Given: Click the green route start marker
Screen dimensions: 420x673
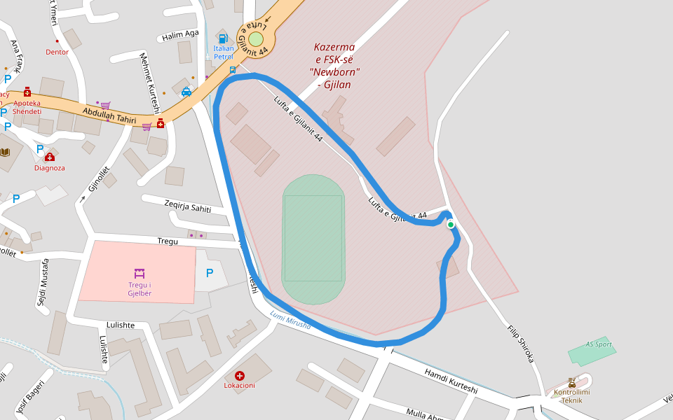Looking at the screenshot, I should click(451, 225).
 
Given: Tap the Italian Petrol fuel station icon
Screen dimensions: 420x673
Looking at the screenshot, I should click(223, 38).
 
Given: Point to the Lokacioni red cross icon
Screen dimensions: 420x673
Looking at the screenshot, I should click(240, 376).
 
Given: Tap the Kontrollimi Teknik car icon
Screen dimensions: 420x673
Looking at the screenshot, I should click(572, 383).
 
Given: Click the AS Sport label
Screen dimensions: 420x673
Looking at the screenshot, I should click(599, 344).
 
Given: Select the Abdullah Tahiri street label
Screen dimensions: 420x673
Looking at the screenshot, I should click(109, 115).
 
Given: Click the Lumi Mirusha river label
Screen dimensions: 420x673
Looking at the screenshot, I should click(290, 321).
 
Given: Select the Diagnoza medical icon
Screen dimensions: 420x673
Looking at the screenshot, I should click(50, 157).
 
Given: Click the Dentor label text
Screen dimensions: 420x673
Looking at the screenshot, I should click(57, 52).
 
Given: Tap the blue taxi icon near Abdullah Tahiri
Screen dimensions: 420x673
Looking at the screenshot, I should click(186, 92).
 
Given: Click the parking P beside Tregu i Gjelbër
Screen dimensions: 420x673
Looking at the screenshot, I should click(209, 273).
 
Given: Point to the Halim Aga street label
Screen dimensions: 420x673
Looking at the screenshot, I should click(180, 34).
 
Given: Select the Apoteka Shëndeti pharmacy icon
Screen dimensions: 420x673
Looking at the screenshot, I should click(27, 92).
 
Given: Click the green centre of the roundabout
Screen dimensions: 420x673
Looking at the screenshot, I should click(256, 38).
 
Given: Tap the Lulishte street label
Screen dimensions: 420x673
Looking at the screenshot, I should click(120, 325).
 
